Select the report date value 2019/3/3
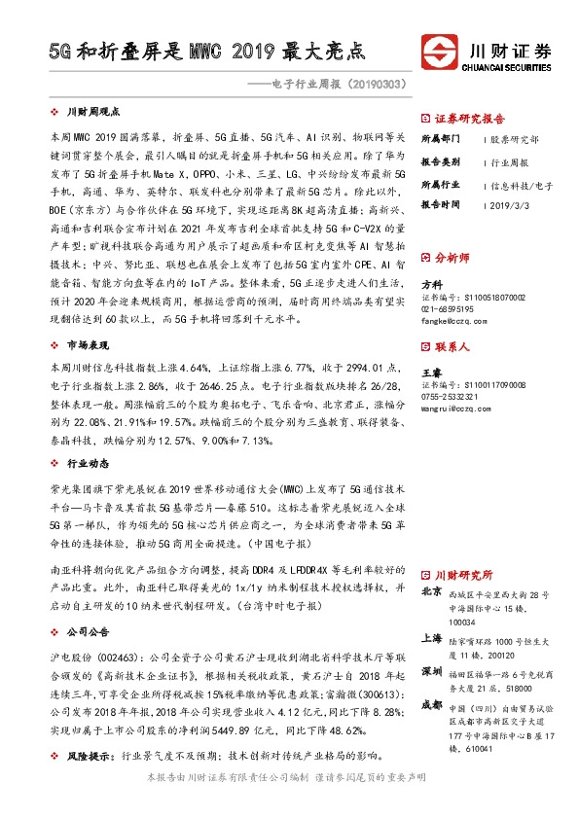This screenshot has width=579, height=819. coord(507,205)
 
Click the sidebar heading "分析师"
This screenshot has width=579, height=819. coord(452,258)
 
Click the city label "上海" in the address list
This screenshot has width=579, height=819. coord(431,639)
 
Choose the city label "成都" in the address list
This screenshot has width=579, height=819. coord(431,703)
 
